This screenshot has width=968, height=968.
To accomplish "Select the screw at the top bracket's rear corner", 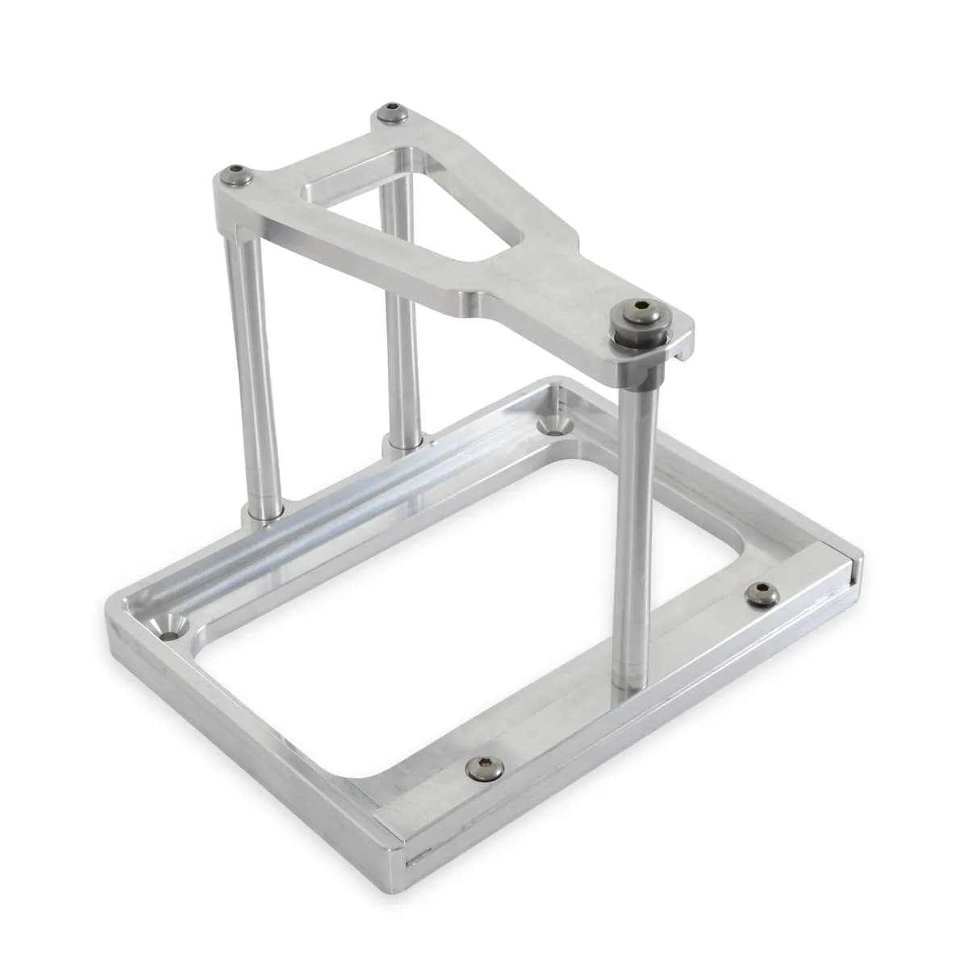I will pos(393,112).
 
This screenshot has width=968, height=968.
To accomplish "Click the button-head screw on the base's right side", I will pos(758,595).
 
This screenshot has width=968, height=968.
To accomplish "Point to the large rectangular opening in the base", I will pos(452,629).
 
